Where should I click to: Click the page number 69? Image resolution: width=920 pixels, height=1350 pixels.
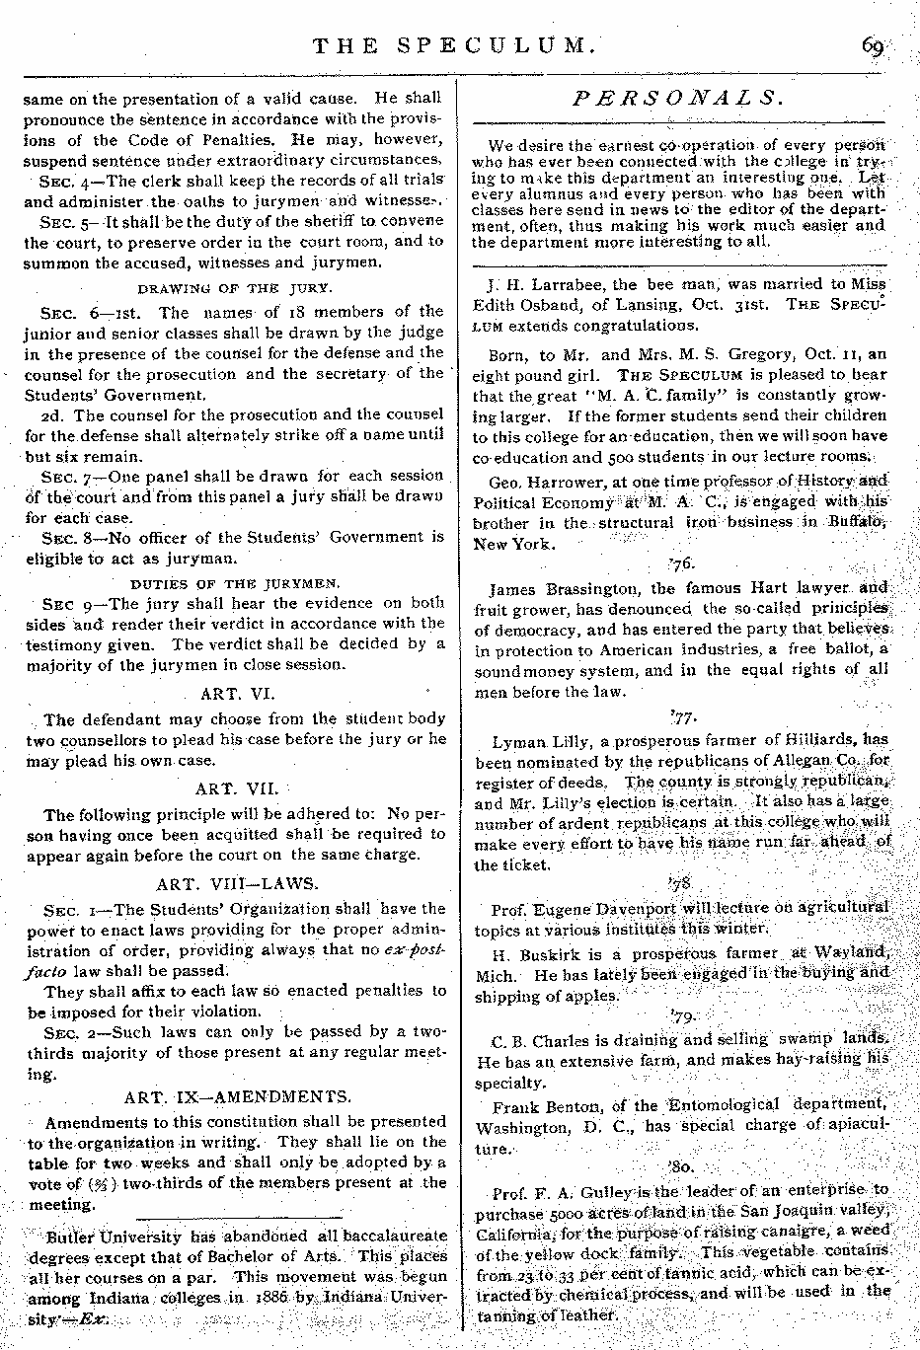(x=874, y=46)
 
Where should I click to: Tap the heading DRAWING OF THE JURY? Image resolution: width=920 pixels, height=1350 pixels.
(x=234, y=289)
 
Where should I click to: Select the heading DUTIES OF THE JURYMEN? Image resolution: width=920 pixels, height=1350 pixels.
(x=235, y=583)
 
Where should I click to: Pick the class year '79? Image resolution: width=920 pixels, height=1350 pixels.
(x=682, y=1015)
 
